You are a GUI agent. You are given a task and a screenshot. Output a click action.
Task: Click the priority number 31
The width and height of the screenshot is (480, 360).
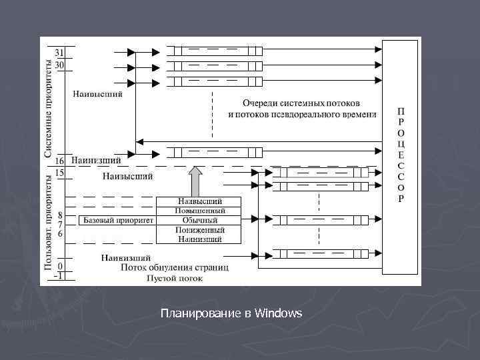(59, 52)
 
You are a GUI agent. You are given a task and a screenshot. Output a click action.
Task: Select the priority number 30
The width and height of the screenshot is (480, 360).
(59, 65)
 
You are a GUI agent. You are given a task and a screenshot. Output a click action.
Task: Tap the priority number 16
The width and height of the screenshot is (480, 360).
(59, 161)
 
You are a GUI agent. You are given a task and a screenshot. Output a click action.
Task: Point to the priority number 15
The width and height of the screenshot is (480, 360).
(59, 173)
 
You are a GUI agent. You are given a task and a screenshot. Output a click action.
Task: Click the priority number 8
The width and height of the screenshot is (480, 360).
(60, 215)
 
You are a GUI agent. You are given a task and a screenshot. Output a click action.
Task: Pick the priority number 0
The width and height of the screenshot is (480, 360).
(61, 265)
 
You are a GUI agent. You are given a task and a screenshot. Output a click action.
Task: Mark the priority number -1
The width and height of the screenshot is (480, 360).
(59, 275)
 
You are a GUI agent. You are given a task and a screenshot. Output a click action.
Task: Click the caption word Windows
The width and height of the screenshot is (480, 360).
(279, 313)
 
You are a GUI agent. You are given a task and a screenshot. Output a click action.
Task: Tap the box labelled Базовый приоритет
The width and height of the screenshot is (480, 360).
(117, 219)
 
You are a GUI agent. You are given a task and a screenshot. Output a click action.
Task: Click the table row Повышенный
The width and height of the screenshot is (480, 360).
(199, 211)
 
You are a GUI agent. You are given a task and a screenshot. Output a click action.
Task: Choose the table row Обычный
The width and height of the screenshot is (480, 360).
(199, 220)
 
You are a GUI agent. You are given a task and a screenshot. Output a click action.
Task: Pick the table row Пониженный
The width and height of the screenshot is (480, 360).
(199, 229)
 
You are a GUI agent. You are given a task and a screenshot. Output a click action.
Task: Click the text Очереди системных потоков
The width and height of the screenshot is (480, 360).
(301, 103)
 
